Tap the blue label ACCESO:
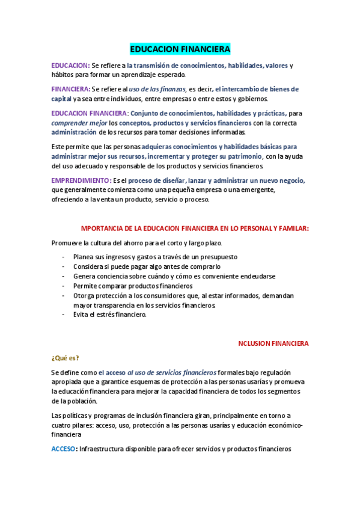64,449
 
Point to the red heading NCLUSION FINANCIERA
273,343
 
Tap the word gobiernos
251,99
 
